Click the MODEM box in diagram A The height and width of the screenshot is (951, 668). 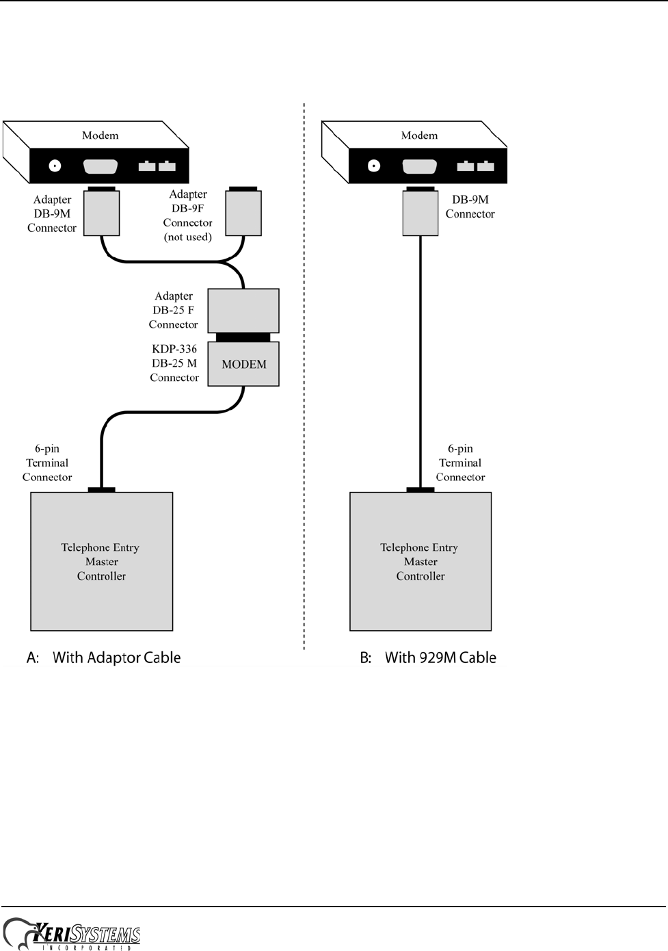click(243, 364)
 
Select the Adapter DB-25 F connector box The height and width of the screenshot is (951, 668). click(243, 311)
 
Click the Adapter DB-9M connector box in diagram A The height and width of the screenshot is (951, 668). click(101, 213)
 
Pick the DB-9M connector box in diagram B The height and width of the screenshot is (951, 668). click(420, 213)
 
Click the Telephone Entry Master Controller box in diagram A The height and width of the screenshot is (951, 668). click(101, 561)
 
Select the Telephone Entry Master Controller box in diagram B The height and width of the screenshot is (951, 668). click(420, 561)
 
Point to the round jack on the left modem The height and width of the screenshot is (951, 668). click(55, 166)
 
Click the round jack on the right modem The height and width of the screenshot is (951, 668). click(373, 166)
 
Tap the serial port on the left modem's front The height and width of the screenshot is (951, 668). click(100, 166)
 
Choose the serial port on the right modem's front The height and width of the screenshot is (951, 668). click(419, 166)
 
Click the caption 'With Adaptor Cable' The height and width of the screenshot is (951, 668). click(116, 657)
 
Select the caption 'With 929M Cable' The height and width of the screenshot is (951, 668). click(440, 657)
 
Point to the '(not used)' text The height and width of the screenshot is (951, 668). click(188, 237)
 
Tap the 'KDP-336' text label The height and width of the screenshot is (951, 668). click(174, 349)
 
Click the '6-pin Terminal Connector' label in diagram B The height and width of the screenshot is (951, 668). click(460, 463)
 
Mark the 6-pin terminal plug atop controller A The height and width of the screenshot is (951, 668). click(101, 489)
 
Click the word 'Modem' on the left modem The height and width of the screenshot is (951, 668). click(100, 135)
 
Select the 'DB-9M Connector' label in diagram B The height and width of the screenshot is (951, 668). click(470, 207)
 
